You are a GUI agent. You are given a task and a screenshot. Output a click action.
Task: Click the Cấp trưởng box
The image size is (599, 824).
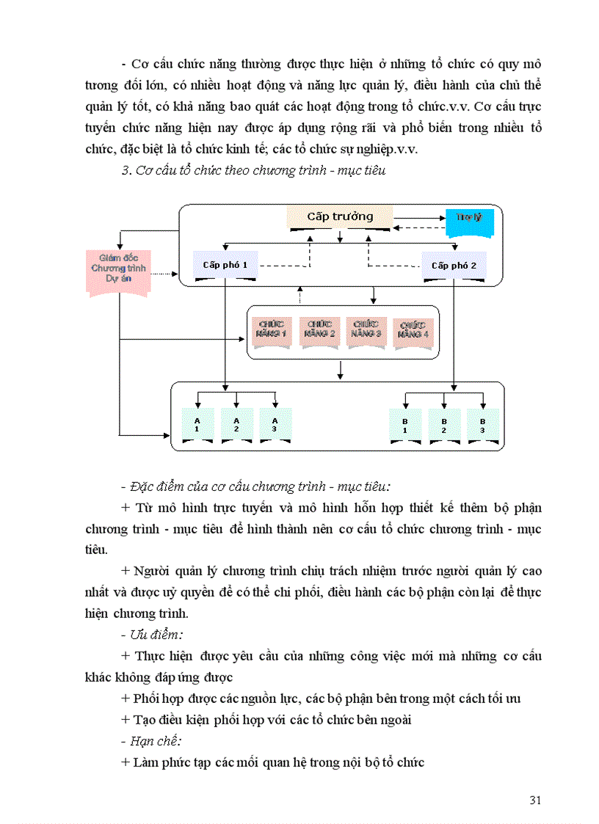point(340,217)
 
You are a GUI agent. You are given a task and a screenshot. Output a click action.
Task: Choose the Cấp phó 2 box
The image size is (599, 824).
point(454,266)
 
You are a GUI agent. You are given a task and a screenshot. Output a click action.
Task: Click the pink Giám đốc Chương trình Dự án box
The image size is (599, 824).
point(118,269)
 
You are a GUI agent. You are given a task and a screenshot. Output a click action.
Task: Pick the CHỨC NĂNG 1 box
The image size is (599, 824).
point(272,328)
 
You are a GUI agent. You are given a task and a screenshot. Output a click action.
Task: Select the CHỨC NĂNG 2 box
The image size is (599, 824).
point(319,328)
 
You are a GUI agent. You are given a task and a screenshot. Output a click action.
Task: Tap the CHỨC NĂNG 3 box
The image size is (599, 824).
point(366,328)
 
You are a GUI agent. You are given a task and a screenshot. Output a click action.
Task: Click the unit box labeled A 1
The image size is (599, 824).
point(197,425)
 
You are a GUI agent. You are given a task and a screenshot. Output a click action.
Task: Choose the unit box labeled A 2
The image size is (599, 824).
point(236,425)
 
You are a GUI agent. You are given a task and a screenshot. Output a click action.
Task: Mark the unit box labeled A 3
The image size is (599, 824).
point(275,425)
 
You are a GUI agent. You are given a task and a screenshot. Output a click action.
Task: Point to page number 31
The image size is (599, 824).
point(534,800)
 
